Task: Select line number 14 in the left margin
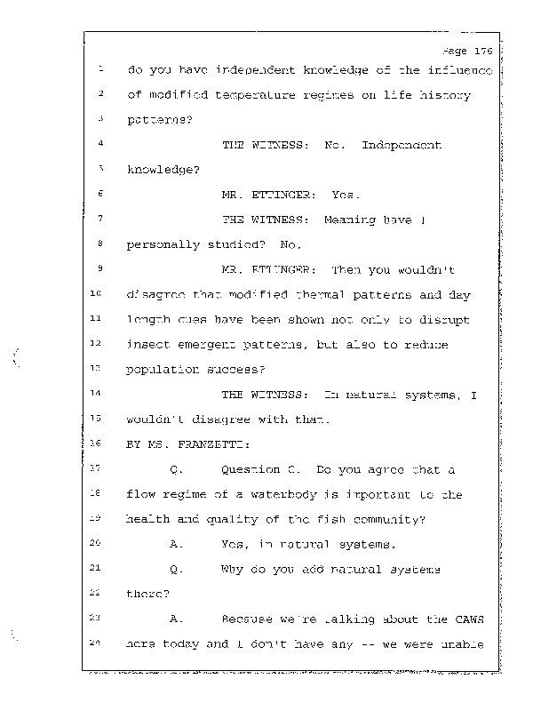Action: (99, 393)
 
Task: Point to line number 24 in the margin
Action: (99, 642)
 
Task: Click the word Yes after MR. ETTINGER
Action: (346, 194)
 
